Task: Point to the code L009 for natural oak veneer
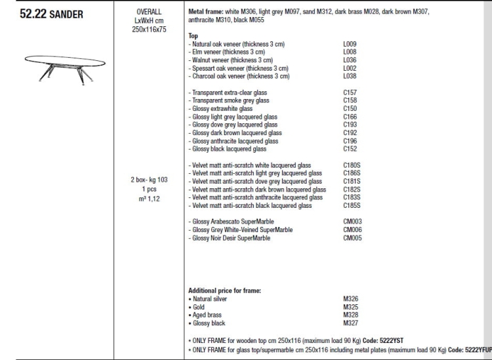350,44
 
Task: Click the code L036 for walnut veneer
350,60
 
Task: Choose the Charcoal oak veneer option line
239,76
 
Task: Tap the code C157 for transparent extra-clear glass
350,92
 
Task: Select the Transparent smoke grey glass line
229,101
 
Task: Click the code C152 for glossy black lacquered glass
350,149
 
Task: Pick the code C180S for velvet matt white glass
352,165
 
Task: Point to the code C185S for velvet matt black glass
352,205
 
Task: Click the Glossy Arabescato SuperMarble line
232,222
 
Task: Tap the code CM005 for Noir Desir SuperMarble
352,238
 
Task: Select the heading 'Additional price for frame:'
224,290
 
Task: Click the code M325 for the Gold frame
350,307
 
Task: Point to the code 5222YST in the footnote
391,340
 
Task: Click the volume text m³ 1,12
149,199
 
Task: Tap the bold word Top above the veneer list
193,36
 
